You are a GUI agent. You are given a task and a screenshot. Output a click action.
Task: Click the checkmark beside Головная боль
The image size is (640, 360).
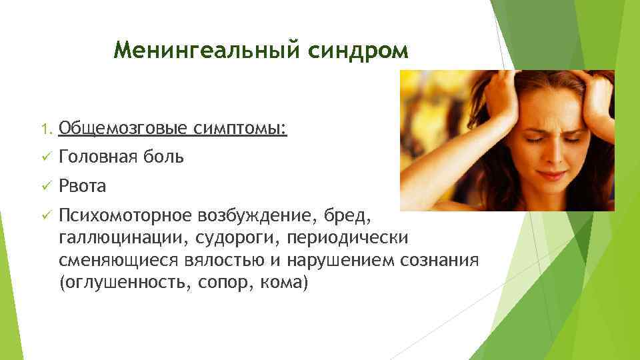[45, 157]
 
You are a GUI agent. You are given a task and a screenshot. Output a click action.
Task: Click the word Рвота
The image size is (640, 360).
[83, 186]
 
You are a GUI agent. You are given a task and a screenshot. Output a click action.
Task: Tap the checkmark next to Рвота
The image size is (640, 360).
[45, 186]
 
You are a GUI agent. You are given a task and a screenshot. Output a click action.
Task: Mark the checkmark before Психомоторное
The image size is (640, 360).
[45, 215]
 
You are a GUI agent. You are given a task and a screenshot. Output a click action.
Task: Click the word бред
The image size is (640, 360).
[345, 215]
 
